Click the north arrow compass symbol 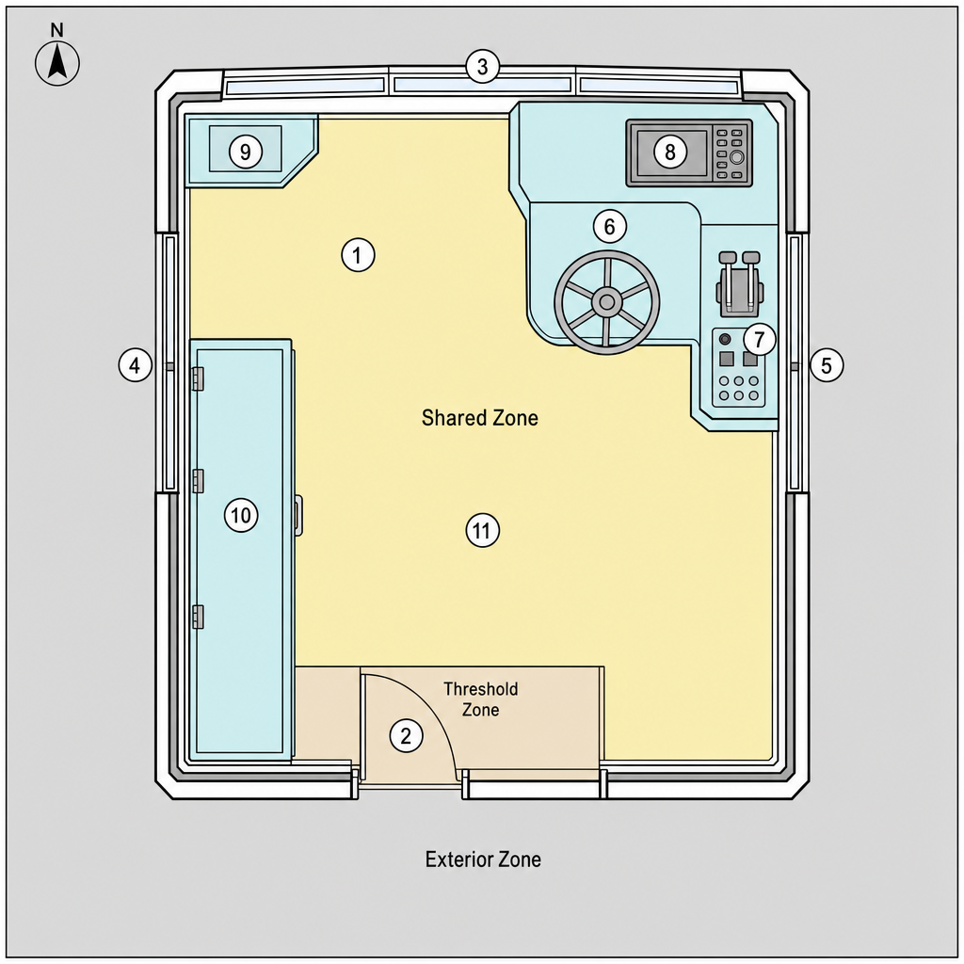coord(57,63)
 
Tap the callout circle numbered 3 coord(483,67)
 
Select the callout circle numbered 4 coord(136,365)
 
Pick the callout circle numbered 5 coord(827,365)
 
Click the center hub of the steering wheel coord(607,302)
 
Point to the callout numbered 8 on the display coord(670,152)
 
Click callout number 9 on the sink coord(246,152)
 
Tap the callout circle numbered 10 coord(241,515)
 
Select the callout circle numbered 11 coord(483,530)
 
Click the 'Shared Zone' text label coord(480,418)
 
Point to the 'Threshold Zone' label coord(481,699)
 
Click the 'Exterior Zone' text coord(483,859)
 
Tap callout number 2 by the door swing coord(407,735)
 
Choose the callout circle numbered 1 coord(359,254)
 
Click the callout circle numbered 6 coord(610,226)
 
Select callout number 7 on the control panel coord(760,339)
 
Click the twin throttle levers coord(739,283)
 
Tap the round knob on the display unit coord(736,157)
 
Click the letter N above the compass coord(57,29)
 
